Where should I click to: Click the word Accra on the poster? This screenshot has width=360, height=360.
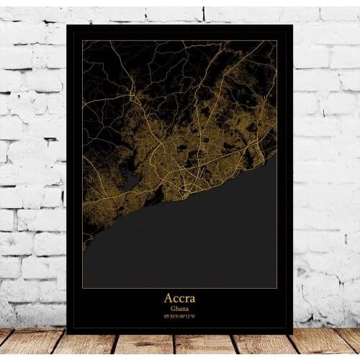pyautogui.click(x=180, y=298)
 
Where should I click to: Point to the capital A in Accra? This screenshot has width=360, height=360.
pyautogui.click(x=168, y=298)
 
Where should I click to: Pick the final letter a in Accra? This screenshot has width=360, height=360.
pyautogui.click(x=192, y=299)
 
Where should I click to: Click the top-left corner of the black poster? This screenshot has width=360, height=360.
pyautogui.click(x=67, y=24)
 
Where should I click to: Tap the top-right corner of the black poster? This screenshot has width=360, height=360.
pyautogui.click(x=293, y=25)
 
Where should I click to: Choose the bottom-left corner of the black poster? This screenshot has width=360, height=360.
pyautogui.click(x=67, y=333)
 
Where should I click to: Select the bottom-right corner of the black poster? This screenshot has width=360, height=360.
pyautogui.click(x=293, y=333)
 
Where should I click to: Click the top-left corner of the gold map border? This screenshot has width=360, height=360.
pyautogui.click(x=83, y=40)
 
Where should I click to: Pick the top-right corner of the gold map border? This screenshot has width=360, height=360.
pyautogui.click(x=277, y=40)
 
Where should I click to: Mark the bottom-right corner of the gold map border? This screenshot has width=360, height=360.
pyautogui.click(x=277, y=289)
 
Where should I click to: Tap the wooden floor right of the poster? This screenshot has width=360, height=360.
pyautogui.click(x=328, y=344)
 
